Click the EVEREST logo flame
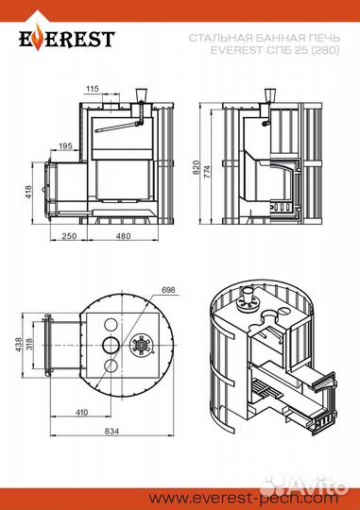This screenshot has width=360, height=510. point(39,39)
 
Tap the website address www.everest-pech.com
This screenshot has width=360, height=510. point(243,498)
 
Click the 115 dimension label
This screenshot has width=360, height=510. point(93,89)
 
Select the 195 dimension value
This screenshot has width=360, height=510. point(65,146)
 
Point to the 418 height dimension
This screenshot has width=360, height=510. point(28,193)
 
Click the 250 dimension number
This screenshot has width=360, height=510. point(69,235)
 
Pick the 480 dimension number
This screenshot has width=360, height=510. point(123,235)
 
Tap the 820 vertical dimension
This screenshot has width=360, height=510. point(196,167)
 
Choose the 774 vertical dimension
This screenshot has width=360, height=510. point(207,172)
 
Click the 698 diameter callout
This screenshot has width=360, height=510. point(168,290)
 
